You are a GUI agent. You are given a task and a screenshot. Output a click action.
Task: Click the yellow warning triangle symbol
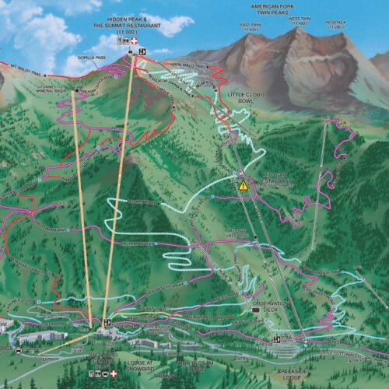(243, 186)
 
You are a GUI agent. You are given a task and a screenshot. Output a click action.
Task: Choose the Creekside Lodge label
(293, 376)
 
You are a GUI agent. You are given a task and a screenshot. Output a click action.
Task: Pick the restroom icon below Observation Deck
(277, 339)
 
